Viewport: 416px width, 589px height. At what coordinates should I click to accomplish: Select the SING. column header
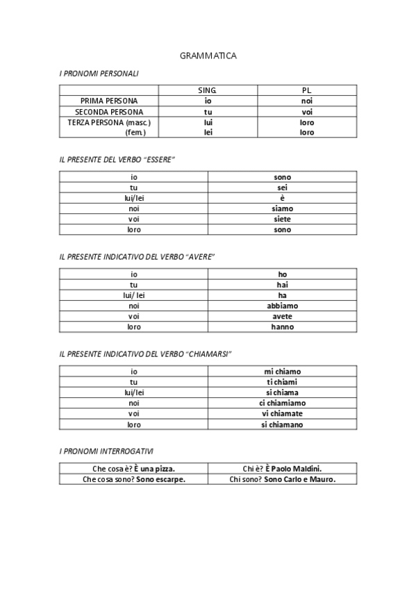click(x=208, y=90)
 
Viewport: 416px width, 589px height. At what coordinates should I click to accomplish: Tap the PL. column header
click(x=307, y=90)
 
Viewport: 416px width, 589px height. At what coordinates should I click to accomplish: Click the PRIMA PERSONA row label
click(x=109, y=101)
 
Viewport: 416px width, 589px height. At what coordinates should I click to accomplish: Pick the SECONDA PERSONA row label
click(x=109, y=111)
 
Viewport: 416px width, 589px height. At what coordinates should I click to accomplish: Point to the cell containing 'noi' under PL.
click(x=307, y=101)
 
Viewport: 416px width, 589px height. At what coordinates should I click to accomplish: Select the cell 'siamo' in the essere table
click(x=283, y=208)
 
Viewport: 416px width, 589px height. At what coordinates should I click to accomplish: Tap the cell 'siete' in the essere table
click(x=283, y=219)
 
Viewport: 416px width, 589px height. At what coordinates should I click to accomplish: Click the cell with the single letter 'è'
click(x=283, y=198)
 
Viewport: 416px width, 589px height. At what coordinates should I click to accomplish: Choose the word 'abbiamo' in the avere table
click(x=283, y=306)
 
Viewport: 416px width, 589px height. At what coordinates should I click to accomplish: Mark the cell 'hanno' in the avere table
click(x=283, y=326)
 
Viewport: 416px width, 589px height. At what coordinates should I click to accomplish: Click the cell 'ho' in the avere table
click(x=283, y=274)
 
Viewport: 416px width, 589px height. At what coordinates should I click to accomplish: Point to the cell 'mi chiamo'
click(x=283, y=372)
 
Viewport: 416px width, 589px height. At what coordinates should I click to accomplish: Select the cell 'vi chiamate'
click(x=283, y=413)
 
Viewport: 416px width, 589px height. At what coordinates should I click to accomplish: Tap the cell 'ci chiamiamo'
click(x=283, y=403)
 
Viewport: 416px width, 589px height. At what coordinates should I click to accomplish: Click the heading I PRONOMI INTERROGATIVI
click(x=106, y=451)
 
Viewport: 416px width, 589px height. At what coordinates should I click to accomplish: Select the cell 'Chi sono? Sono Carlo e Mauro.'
click(x=283, y=479)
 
